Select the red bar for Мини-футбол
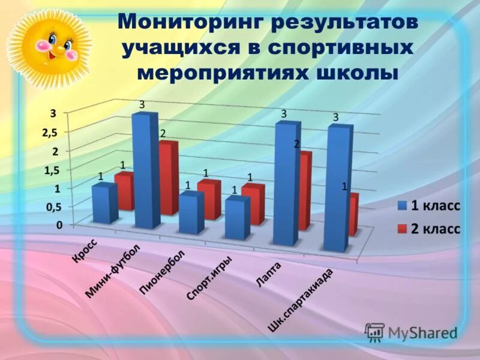click(x=169, y=177)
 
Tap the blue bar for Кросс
click(x=103, y=203)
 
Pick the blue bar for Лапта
click(x=285, y=183)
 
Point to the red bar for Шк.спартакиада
click(x=354, y=213)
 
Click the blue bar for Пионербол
click(x=191, y=213)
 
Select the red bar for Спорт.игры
click(x=253, y=204)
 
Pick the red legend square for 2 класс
click(x=401, y=229)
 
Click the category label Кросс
click(x=85, y=251)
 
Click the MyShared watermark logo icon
click(x=374, y=332)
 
